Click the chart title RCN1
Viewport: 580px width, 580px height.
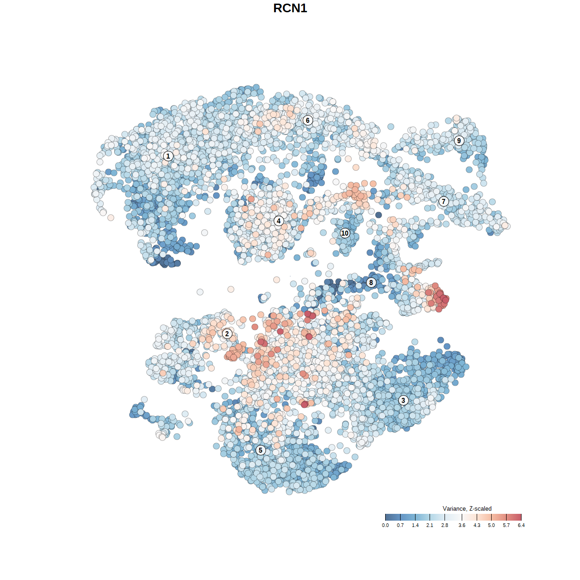pyautogui.click(x=290, y=8)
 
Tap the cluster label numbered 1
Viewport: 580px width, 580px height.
pyautogui.click(x=168, y=156)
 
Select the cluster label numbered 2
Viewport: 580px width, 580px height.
pyautogui.click(x=227, y=334)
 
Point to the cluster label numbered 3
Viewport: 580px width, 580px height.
pyautogui.click(x=403, y=400)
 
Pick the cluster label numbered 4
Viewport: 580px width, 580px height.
pyautogui.click(x=279, y=221)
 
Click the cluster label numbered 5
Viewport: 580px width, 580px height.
pyautogui.click(x=261, y=450)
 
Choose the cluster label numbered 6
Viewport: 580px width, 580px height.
pyautogui.click(x=308, y=120)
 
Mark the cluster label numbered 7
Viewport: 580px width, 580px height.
pyautogui.click(x=444, y=201)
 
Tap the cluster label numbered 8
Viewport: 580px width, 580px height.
pyautogui.click(x=371, y=282)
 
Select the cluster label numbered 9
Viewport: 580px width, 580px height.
pyautogui.click(x=459, y=140)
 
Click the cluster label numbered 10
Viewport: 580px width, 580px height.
pyautogui.click(x=345, y=233)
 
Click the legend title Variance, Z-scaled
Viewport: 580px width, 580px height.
pyautogui.click(x=467, y=508)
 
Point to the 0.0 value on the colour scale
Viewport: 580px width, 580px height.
pyautogui.click(x=385, y=525)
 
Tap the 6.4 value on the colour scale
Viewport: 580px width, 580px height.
pyautogui.click(x=521, y=525)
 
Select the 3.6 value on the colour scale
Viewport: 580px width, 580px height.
pyautogui.click(x=462, y=525)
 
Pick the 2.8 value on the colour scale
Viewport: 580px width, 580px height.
pyautogui.click(x=445, y=525)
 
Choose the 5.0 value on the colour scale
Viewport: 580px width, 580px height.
pyautogui.click(x=491, y=525)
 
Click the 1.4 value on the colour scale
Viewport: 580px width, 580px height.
pyautogui.click(x=415, y=525)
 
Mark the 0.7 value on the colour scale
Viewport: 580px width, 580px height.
pyautogui.click(x=400, y=525)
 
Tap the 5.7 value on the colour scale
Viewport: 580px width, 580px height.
pyautogui.click(x=506, y=525)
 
